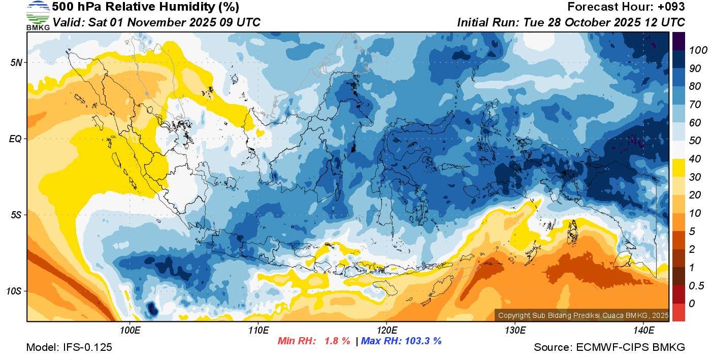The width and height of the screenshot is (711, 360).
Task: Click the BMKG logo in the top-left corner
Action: pos(38,15)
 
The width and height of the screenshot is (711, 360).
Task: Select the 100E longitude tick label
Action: pos(130,331)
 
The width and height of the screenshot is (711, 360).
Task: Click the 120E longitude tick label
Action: pos(386,331)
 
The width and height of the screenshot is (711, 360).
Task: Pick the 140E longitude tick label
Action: pos(643,331)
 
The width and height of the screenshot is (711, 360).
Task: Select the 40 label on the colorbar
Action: pos(695,159)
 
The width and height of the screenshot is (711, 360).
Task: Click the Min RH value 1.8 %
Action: pos(337,341)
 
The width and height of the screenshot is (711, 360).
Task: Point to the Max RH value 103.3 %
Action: pos(422,341)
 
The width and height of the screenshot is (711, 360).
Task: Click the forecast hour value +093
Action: pos(671,7)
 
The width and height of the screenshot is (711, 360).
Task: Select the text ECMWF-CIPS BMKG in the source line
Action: pos(631,348)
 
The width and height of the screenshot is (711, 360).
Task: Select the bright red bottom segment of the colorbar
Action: pos(679,312)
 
